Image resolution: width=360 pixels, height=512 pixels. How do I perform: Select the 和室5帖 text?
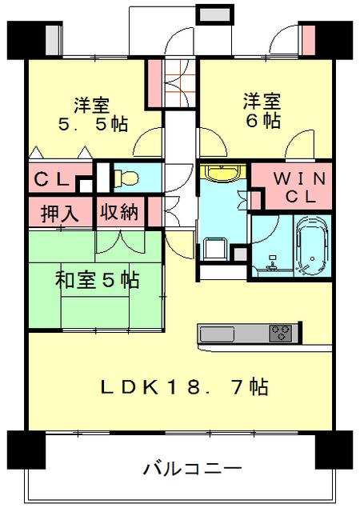coord(97,280)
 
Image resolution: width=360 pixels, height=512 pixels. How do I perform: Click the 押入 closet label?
coord(60,214)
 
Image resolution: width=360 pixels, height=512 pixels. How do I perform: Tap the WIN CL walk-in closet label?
coord(290,186)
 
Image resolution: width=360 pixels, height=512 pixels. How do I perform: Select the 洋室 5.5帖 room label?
coord(92,114)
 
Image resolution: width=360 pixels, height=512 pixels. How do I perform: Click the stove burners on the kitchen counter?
coord(280,331)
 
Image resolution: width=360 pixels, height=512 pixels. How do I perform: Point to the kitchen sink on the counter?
coord(214,332)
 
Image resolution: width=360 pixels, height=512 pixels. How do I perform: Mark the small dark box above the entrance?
coord(214,15)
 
